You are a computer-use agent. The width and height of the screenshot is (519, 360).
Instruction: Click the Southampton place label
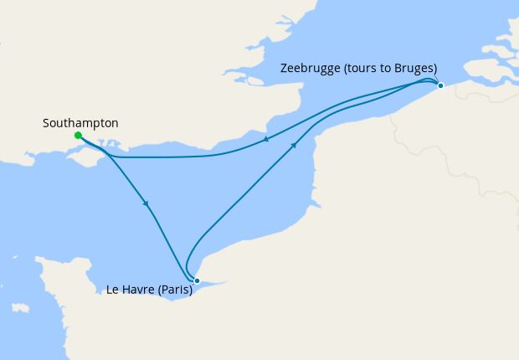pyautogui.click(x=80, y=123)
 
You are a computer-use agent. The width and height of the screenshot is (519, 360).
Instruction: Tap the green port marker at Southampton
pyautogui.click(x=78, y=135)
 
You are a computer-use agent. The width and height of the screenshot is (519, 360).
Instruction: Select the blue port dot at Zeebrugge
pyautogui.click(x=440, y=85)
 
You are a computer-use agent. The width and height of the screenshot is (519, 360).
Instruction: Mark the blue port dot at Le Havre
pyautogui.click(x=197, y=280)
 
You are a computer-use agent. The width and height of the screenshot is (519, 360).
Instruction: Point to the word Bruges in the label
pyautogui.click(x=414, y=69)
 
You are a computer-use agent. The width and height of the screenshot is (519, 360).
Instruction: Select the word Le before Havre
pyautogui.click(x=113, y=291)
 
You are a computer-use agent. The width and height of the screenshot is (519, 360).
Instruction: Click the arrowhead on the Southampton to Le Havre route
pyautogui.click(x=146, y=203)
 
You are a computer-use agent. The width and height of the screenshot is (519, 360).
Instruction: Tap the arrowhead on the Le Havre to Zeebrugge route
pyautogui.click(x=294, y=145)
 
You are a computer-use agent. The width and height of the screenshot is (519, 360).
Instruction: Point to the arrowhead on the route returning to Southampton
pyautogui.click(x=265, y=140)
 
